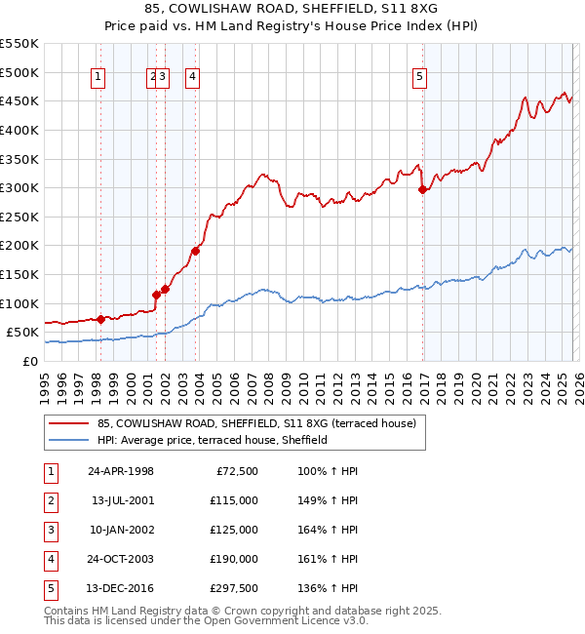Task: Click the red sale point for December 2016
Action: [x=422, y=190]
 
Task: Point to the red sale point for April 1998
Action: [x=100, y=319]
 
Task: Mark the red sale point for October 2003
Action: [x=195, y=251]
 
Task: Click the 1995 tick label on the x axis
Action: [x=44, y=388]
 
